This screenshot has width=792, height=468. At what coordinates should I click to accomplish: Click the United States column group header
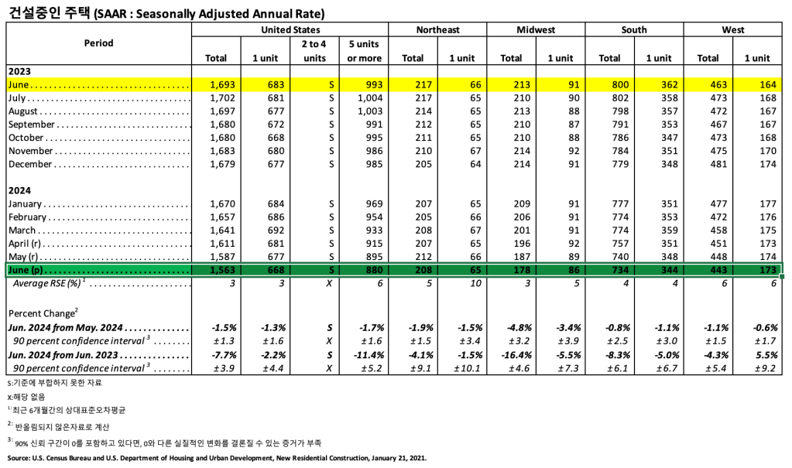[x=290, y=29]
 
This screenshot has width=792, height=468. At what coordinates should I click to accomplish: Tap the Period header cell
[x=98, y=43]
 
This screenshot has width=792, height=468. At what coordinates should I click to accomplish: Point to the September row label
[x=31, y=125]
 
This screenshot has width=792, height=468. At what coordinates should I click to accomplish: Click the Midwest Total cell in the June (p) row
[x=511, y=270]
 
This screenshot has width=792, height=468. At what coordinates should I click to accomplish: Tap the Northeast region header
[x=437, y=29]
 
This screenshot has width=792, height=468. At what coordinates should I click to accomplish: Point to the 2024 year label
[x=19, y=190]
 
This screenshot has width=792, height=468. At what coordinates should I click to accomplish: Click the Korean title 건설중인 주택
[x=47, y=12]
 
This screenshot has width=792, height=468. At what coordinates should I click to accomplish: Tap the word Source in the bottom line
[x=19, y=458]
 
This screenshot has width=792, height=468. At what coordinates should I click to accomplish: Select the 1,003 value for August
[x=364, y=111]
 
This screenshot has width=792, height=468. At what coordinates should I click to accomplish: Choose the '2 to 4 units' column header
[x=314, y=51]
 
